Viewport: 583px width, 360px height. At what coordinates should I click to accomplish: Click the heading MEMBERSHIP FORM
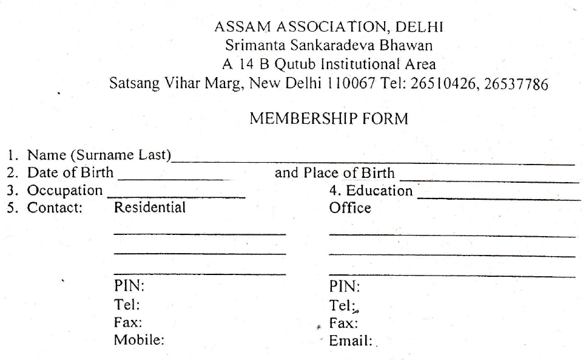point(328,119)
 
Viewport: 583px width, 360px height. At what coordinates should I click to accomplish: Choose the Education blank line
point(499,199)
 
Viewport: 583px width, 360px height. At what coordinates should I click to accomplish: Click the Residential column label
point(150,208)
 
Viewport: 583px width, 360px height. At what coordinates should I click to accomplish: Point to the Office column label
point(350,208)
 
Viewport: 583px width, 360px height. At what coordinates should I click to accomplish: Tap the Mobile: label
point(139,340)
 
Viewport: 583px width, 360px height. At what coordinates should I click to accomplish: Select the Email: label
point(350,341)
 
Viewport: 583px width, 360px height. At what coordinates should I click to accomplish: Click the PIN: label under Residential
point(129,286)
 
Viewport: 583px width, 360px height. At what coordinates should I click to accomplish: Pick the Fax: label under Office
point(343,323)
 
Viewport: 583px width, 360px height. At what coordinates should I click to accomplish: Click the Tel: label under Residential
point(127,304)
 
